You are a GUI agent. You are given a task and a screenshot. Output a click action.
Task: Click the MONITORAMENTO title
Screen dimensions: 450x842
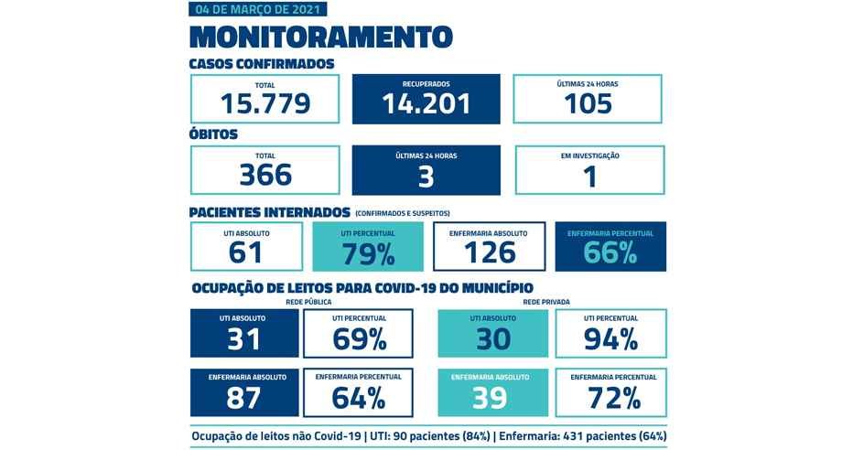point(320,37)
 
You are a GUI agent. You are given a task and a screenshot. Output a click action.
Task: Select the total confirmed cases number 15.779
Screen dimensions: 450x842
point(265,103)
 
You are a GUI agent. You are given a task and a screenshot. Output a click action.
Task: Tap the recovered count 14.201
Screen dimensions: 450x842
point(426,103)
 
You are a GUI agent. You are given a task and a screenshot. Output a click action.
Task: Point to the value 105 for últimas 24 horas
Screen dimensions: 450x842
point(588,103)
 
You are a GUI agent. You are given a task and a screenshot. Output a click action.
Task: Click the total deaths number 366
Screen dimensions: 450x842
point(265,175)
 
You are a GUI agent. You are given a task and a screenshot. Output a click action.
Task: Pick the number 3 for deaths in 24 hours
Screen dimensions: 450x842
point(426,176)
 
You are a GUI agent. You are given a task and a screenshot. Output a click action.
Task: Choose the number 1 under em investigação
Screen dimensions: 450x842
point(589,176)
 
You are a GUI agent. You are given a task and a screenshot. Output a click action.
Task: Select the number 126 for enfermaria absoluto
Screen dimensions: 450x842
point(489,252)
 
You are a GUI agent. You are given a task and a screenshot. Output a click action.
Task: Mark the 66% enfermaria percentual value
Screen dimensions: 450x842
point(610,253)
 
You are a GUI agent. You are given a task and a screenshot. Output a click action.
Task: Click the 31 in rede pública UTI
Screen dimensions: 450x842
point(244,339)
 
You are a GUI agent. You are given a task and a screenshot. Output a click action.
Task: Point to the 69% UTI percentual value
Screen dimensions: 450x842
point(359,339)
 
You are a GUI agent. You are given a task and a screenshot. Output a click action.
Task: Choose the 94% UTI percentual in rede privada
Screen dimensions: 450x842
point(610,339)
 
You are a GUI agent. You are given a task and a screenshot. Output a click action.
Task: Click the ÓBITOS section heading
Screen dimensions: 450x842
point(213,134)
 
